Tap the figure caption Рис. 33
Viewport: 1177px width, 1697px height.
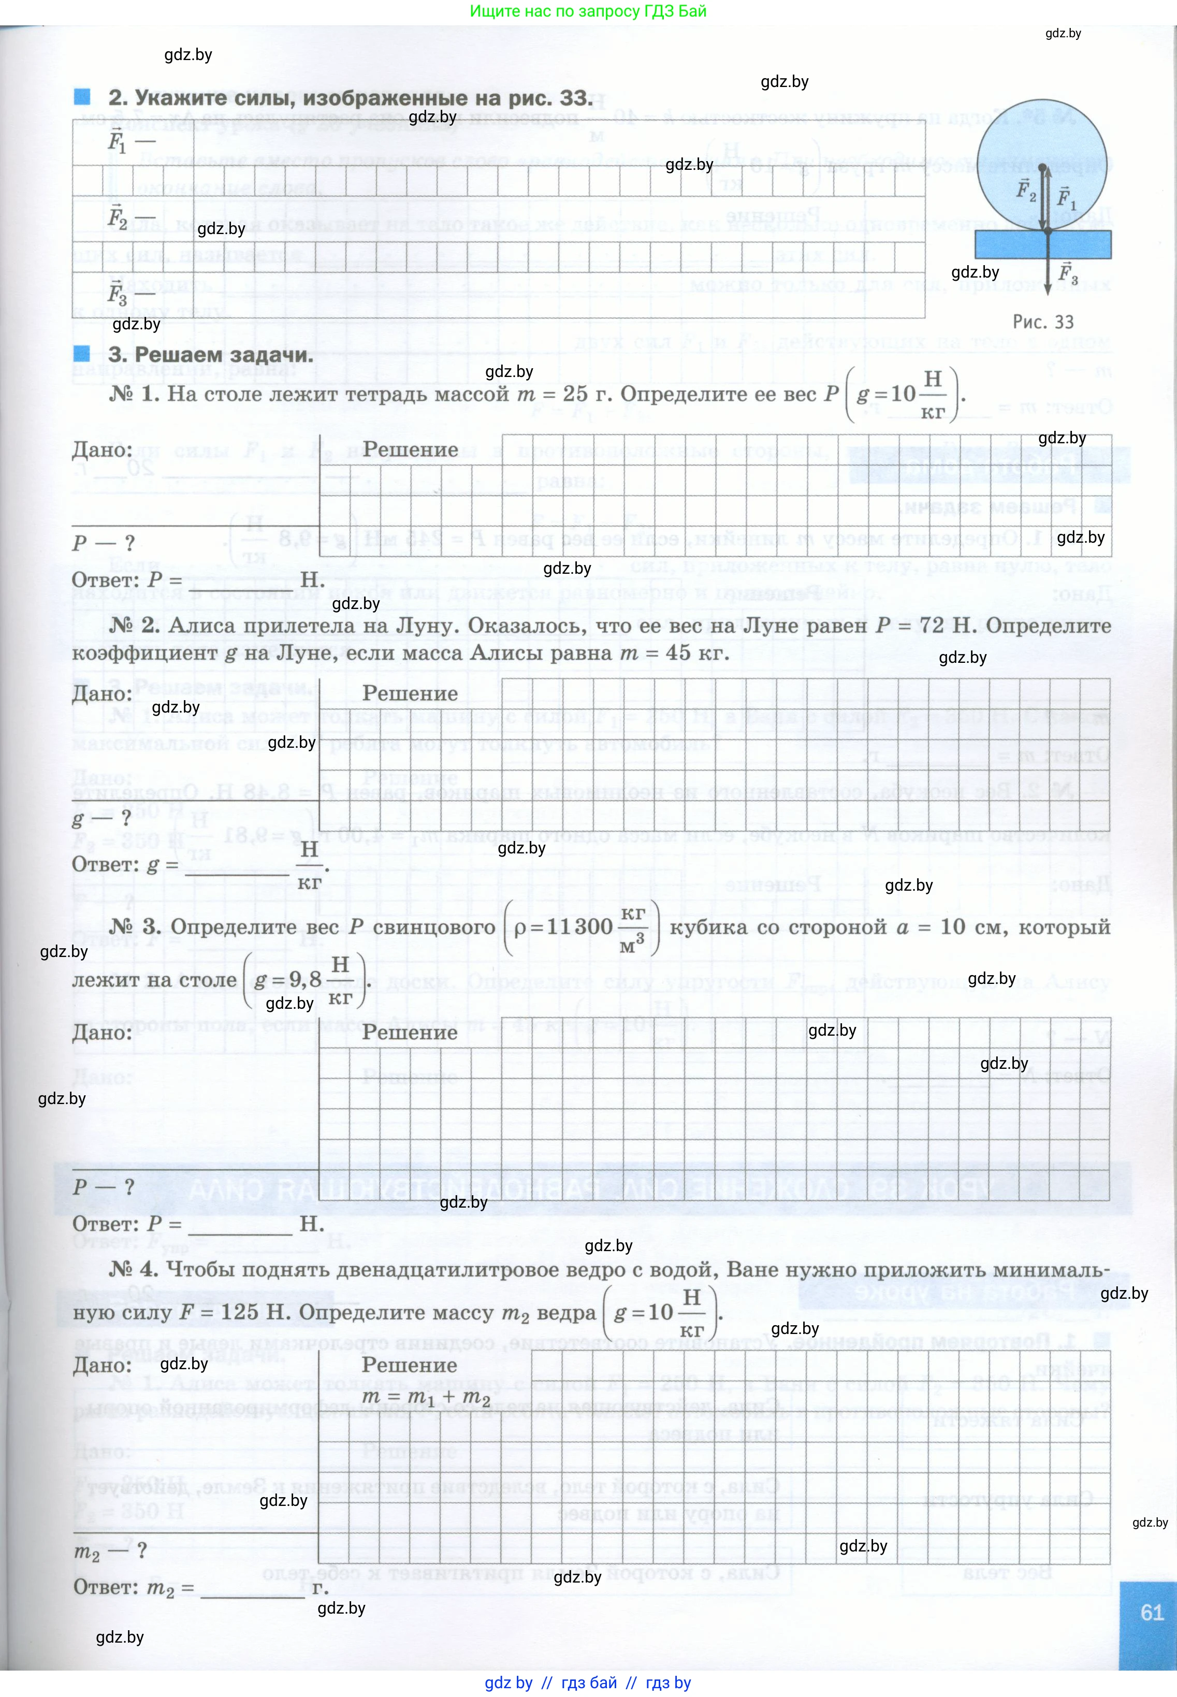(1043, 322)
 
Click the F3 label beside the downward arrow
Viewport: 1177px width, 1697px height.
(1068, 273)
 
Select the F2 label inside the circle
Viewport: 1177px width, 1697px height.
(1026, 190)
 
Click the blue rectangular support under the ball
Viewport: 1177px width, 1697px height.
(1043, 244)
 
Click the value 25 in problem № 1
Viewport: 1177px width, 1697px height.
(576, 394)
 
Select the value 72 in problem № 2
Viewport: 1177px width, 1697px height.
(932, 626)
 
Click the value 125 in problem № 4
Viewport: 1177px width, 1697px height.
(240, 1312)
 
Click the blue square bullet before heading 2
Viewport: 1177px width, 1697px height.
(82, 97)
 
